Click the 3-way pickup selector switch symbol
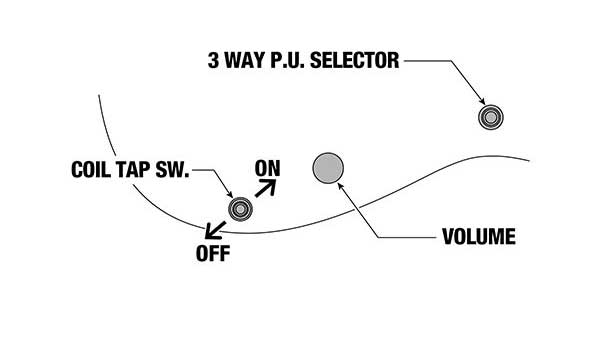491,117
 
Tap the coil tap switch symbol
240,208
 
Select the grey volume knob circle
328,169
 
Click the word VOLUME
478,238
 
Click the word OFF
213,253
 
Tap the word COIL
95,170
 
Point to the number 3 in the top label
213,60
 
